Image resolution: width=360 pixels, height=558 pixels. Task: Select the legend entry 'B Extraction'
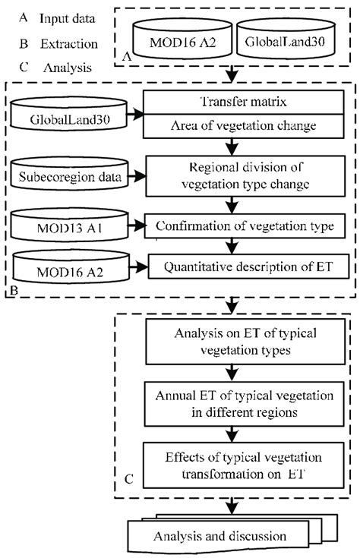pyautogui.click(x=49, y=43)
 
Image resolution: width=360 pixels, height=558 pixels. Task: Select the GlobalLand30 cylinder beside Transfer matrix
pyautogui.click(x=73, y=118)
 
